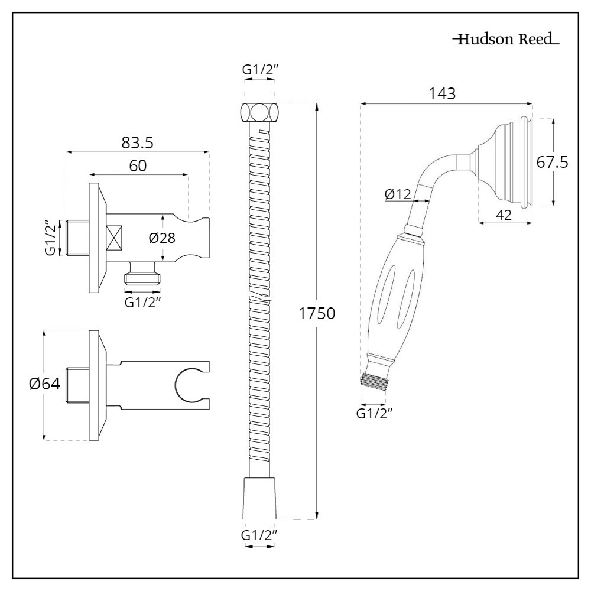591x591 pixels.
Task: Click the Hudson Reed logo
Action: (x=505, y=40)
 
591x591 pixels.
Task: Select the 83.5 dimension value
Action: (x=138, y=142)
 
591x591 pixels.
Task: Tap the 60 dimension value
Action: (x=138, y=166)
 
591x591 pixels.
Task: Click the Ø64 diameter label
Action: (x=44, y=384)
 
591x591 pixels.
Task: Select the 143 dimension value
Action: (x=443, y=93)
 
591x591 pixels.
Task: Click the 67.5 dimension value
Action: (x=553, y=162)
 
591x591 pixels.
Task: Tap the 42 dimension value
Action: (x=504, y=215)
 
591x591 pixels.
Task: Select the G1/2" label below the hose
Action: (x=259, y=535)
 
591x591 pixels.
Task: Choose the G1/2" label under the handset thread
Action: (x=375, y=413)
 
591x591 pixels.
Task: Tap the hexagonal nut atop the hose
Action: (x=259, y=112)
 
